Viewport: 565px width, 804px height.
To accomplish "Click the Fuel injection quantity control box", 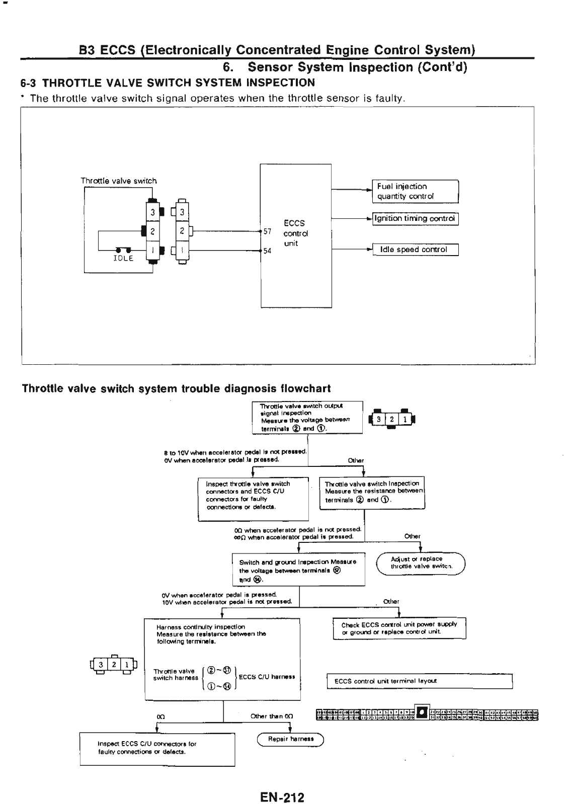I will pos(415,191).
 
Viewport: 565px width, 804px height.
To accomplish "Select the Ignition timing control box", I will pos(415,219).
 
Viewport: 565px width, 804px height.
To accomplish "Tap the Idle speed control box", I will pos(415,250).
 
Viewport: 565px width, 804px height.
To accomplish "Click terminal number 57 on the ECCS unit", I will pos(267,231).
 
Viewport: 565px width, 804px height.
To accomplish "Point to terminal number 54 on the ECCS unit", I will pos(267,251).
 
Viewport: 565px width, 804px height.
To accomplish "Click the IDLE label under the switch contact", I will pos(123,259).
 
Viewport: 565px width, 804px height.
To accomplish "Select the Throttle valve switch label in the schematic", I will pos(119,181).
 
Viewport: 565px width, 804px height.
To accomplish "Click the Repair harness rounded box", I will pos(291,739).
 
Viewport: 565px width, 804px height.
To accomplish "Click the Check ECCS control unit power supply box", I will pos(399,628).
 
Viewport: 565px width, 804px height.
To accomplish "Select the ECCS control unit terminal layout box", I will pos(419,681).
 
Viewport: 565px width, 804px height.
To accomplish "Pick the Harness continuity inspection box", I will pos(222,659).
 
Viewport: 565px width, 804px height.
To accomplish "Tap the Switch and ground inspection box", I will pos(298,570).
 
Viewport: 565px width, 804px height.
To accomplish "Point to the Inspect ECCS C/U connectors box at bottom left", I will pos(157,749).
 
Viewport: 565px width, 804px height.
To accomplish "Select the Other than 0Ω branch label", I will pos(272,716).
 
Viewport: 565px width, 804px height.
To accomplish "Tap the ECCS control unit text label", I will pos(295,233).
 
